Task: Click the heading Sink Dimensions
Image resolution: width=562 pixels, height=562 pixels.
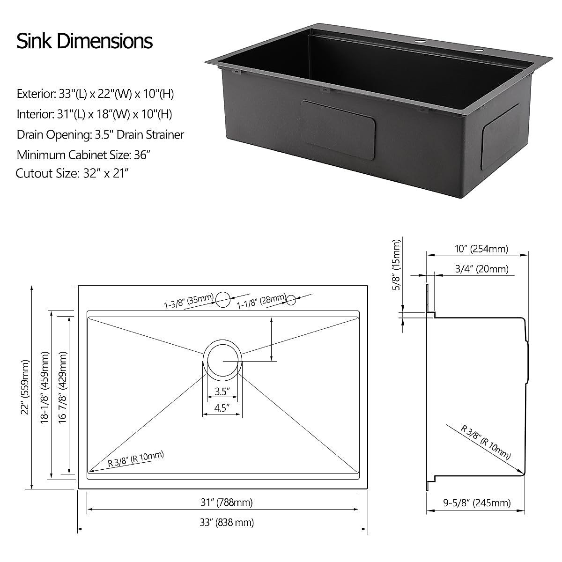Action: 85,41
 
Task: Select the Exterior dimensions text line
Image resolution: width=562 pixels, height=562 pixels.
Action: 96,94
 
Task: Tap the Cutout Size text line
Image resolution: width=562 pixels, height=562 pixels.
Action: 72,173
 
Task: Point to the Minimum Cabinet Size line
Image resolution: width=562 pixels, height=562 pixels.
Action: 84,155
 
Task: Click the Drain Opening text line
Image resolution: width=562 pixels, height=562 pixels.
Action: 100,134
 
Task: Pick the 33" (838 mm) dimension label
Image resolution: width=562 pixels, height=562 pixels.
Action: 227,522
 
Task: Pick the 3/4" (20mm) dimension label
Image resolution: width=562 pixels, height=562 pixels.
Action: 481,269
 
